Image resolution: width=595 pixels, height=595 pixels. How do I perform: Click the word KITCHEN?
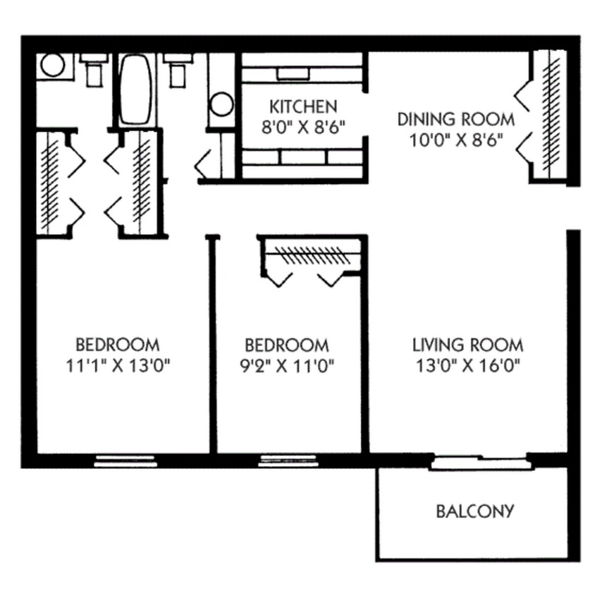pos(303,107)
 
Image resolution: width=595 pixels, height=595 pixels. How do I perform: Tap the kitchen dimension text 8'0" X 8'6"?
pos(303,127)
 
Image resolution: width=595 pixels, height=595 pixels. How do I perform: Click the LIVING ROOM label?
pos(467,345)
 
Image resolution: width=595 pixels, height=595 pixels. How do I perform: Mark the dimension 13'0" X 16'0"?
pos(467,366)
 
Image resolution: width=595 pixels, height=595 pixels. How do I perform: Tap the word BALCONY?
pos(474,510)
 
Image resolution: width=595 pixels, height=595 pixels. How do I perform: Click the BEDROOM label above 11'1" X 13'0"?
pos(118,345)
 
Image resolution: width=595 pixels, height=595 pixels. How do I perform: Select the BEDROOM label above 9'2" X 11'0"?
pos(286,345)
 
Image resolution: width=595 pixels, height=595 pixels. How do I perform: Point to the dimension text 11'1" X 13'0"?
pos(118,366)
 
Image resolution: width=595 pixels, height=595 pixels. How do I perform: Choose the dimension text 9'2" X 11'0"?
pos(286,366)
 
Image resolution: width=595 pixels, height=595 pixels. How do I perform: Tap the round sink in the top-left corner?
pos(53,66)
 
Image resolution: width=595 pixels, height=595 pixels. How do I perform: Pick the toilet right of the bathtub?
pos(177,68)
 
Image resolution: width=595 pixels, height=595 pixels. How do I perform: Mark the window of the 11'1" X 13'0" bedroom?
pos(125,461)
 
